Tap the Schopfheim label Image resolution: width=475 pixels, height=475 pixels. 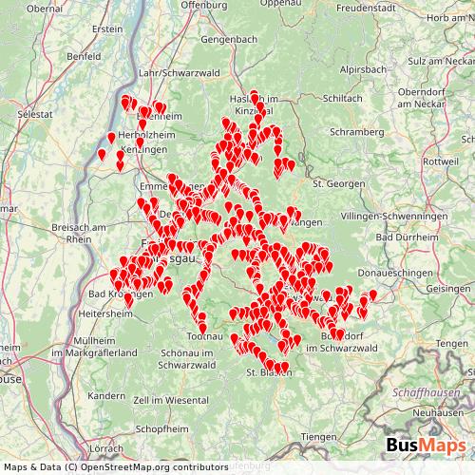point(163,429)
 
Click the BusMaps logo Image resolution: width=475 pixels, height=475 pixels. point(427,446)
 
